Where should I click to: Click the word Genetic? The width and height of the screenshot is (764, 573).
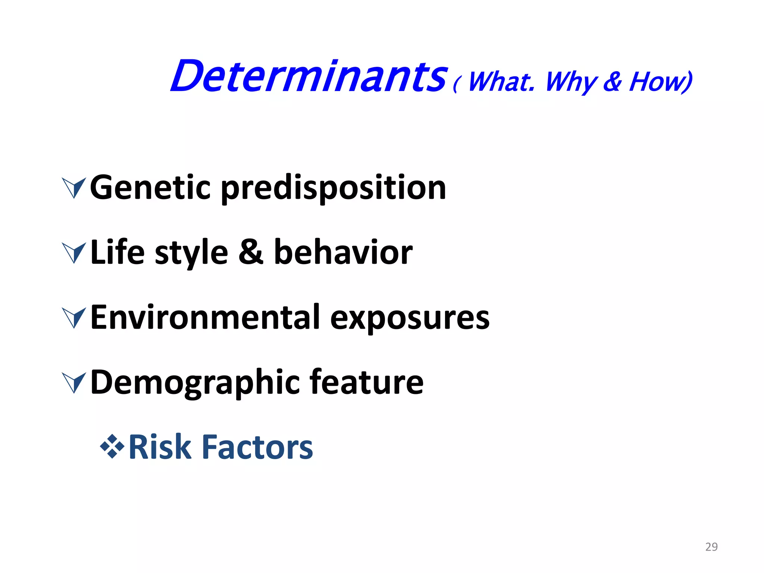tap(150, 188)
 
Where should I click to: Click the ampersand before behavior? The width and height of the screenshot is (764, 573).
tap(251, 253)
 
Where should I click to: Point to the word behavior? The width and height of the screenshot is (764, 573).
tap(343, 253)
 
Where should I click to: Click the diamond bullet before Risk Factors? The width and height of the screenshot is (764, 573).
tap(112, 446)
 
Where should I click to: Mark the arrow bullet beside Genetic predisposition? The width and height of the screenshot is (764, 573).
tap(74, 188)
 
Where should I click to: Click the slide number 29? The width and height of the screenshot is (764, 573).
tap(711, 547)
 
